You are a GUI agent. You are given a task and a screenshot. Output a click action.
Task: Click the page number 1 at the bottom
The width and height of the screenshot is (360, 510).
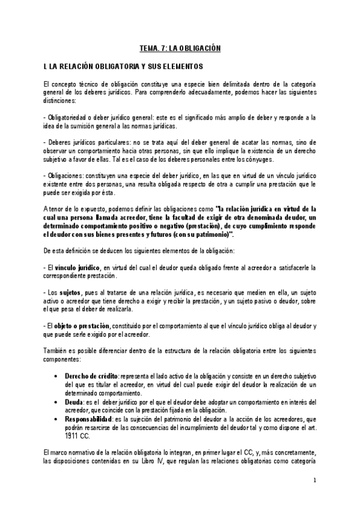click(314, 480)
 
